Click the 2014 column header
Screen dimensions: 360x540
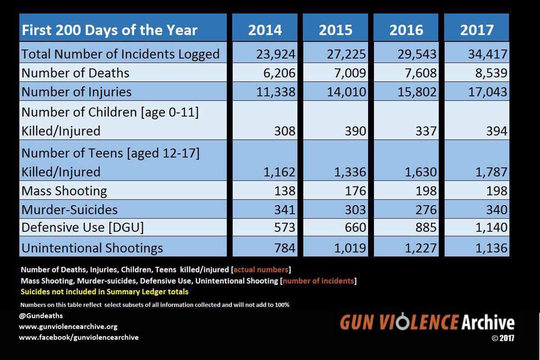tap(265, 30)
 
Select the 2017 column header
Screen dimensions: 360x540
tap(477, 30)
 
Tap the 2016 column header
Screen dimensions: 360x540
tap(406, 30)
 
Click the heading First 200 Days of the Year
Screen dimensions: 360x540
tap(110, 30)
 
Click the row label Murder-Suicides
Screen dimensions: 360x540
tap(70, 210)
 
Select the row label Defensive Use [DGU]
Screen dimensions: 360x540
tap(83, 228)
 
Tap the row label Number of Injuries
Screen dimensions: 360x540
tap(76, 92)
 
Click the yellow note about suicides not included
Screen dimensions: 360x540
tap(104, 292)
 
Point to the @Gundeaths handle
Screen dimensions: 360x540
tap(41, 316)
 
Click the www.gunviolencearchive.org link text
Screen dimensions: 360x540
tap(68, 327)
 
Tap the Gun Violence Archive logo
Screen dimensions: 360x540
tap(427, 323)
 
